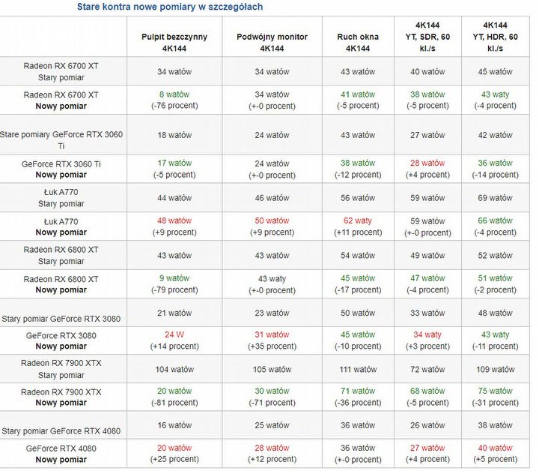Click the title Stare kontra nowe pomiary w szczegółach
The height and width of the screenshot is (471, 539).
pos(170,7)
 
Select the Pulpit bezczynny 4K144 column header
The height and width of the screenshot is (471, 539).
pos(174,42)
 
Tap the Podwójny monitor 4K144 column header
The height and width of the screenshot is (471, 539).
pos(272,42)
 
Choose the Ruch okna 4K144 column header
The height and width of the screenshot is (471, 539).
pos(358,42)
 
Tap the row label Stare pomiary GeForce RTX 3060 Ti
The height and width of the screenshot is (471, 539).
pos(62,140)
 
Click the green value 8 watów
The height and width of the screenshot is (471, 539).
pos(174,94)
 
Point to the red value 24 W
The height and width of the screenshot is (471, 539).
pos(174,334)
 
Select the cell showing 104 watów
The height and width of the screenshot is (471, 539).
pos(174,369)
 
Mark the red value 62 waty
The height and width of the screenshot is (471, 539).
pos(358,220)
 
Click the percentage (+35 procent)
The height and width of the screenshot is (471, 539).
pos(272,346)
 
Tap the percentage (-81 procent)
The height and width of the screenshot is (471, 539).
pos(174,403)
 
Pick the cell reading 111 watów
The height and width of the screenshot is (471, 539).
pos(358,369)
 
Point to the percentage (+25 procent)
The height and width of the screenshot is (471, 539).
pos(174,459)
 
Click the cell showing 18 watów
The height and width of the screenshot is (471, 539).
pos(174,135)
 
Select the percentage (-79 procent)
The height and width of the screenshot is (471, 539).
pos(174,289)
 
